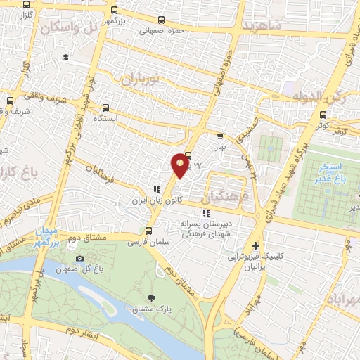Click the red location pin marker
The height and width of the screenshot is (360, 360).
point(180,165)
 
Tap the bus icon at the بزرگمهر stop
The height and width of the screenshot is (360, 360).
point(115,12)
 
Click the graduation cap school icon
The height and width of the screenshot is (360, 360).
point(65,57)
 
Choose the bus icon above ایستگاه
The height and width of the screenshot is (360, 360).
point(105,108)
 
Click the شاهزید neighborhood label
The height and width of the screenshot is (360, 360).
point(261,25)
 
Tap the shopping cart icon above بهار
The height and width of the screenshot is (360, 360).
point(220,137)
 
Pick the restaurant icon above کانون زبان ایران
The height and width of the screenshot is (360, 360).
point(157,189)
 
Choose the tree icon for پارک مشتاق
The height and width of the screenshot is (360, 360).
point(154,299)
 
